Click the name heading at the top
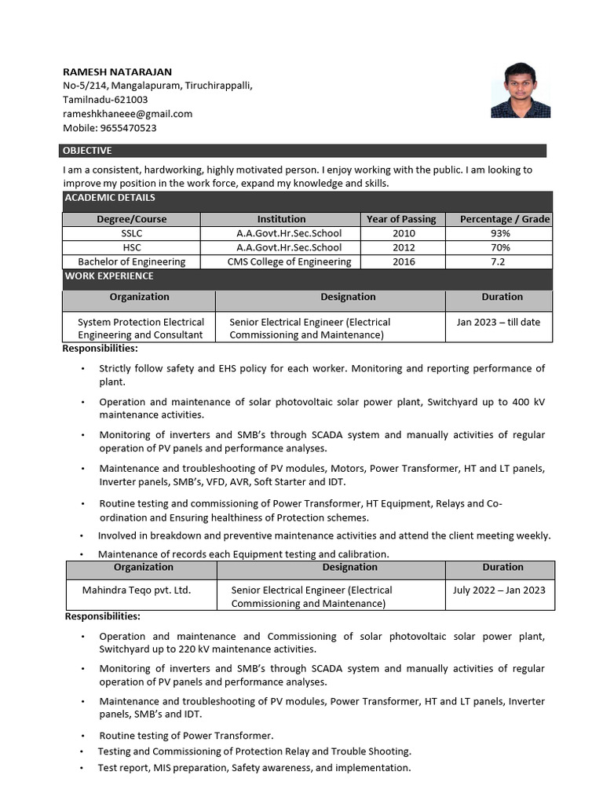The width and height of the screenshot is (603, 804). [x=117, y=71]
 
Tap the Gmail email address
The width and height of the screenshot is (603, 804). [x=127, y=114]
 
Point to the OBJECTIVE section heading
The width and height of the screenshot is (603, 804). [x=87, y=151]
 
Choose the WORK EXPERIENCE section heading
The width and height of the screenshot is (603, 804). [x=109, y=276]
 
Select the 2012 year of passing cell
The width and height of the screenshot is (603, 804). [x=404, y=247]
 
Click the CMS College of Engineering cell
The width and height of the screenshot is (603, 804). [x=289, y=261]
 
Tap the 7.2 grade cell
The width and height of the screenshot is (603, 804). [x=498, y=261]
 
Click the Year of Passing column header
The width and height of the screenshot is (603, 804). [x=401, y=219]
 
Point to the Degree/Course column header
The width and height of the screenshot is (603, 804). [x=132, y=219]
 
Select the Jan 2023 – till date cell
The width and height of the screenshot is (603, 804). [x=499, y=322]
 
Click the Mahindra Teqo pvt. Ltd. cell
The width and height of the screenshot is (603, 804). [x=137, y=590]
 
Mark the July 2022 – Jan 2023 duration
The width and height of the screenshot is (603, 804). [x=499, y=590]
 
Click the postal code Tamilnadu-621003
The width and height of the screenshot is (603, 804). [x=105, y=100]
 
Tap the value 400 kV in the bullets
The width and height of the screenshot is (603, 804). [x=528, y=402]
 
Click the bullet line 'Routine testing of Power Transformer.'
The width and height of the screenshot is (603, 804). [x=186, y=736]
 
